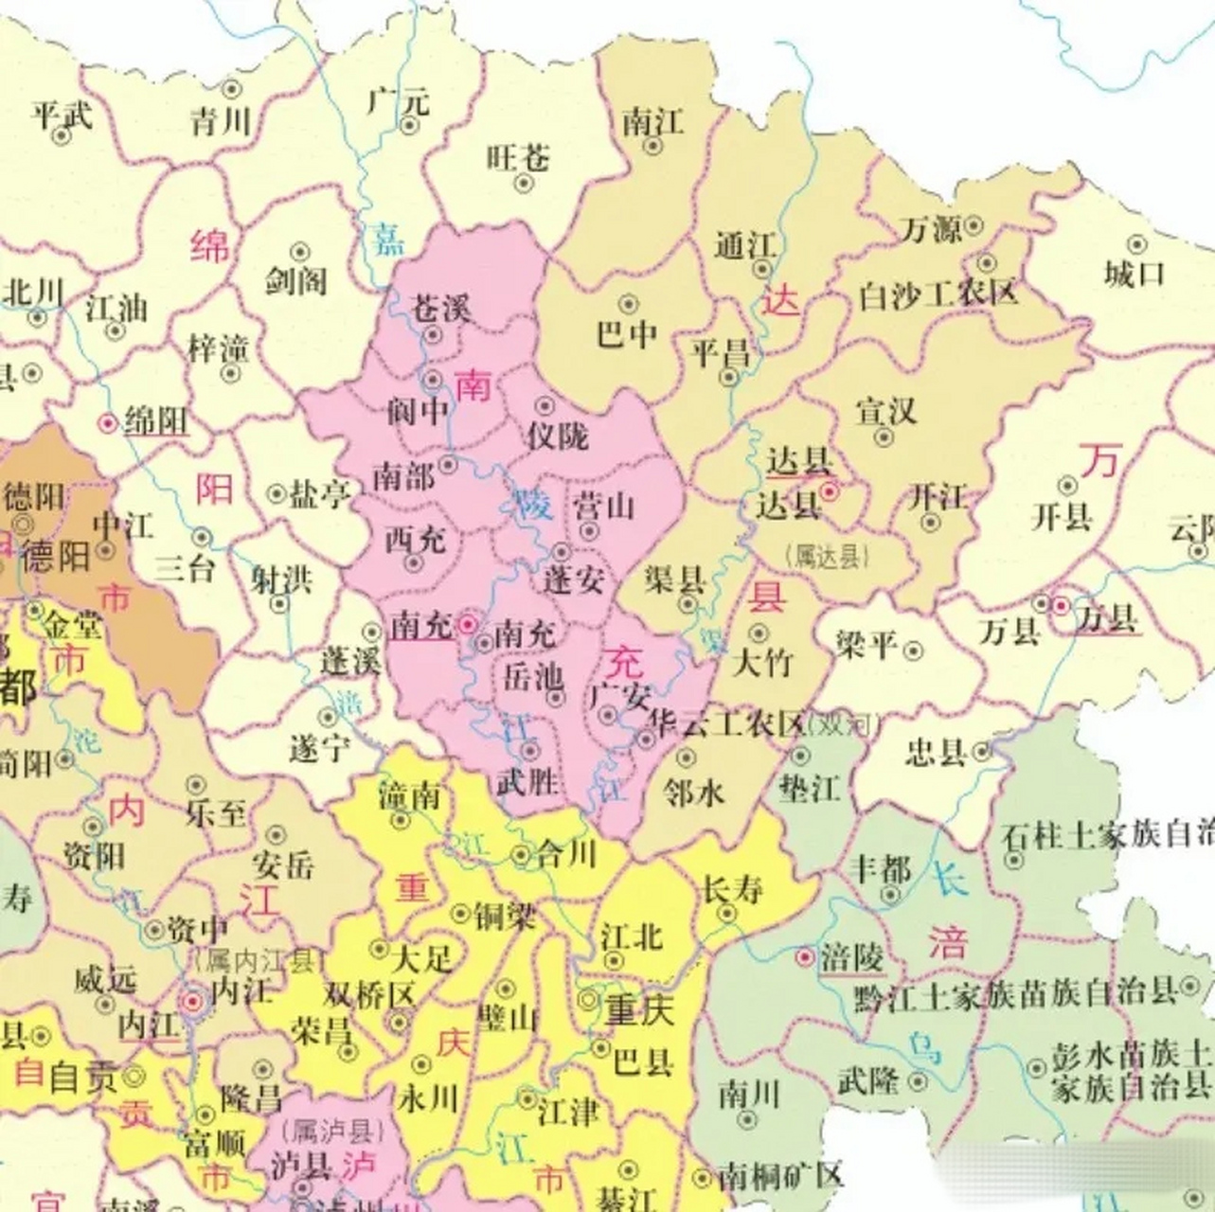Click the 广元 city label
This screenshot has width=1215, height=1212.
pyautogui.click(x=398, y=100)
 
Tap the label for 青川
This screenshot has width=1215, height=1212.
pyautogui.click(x=221, y=121)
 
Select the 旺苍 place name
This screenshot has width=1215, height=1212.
pyautogui.click(x=518, y=157)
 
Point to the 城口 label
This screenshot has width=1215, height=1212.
pyautogui.click(x=1134, y=274)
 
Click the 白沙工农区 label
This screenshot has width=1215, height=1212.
pyautogui.click(x=938, y=294)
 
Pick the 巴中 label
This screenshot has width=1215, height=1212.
pyautogui.click(x=627, y=334)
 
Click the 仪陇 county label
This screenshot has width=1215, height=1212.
pyautogui.click(x=558, y=436)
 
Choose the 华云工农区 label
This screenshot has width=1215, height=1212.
pyautogui.click(x=724, y=724)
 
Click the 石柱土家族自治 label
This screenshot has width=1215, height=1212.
pyautogui.click(x=1108, y=835)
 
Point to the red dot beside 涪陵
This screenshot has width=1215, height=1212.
pyautogui.click(x=805, y=957)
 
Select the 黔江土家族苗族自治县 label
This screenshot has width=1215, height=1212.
pyautogui.click(x=1015, y=994)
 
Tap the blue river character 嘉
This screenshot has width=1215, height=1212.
pyautogui.click(x=386, y=238)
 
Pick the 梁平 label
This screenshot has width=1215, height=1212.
pyautogui.click(x=866, y=646)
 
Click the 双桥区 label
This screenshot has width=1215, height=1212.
pyautogui.click(x=369, y=994)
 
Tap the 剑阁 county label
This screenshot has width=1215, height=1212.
pyautogui.click(x=295, y=280)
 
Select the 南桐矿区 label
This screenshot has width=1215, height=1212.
pyautogui.click(x=780, y=1177)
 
